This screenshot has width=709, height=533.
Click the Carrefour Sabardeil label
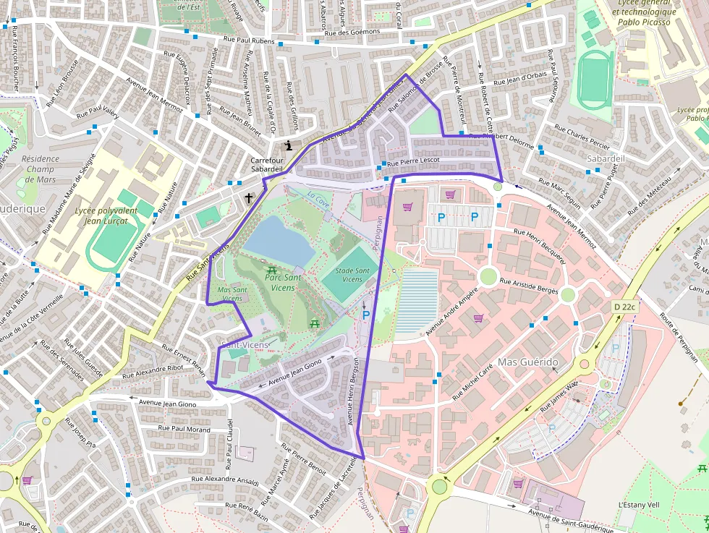[x=266, y=164]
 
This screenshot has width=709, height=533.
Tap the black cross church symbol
[x=249, y=197]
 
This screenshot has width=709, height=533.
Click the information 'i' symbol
[x=289, y=145]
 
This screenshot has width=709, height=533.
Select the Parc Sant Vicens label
[x=269, y=282]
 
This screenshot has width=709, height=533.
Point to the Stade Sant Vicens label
[x=352, y=275]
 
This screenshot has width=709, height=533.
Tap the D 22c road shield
[x=623, y=307]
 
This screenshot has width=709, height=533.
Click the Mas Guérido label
[x=528, y=362]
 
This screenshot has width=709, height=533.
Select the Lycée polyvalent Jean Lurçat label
[x=106, y=216]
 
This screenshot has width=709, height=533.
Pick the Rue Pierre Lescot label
[x=414, y=163]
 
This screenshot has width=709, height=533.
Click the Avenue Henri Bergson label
[x=352, y=391]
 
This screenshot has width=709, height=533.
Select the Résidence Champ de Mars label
[x=39, y=169]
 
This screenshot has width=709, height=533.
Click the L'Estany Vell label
[x=637, y=504]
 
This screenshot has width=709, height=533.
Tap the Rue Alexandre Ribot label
[x=153, y=371]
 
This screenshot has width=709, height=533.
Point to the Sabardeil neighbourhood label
[x=606, y=158]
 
